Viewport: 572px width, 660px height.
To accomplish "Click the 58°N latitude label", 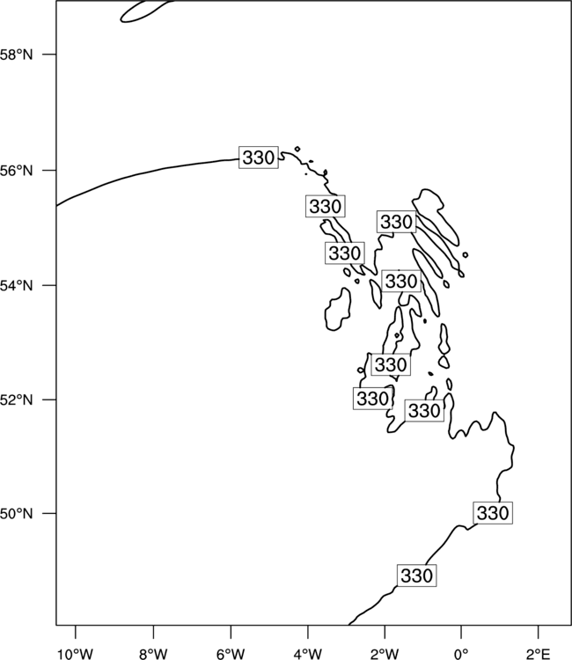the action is pyautogui.click(x=16, y=55).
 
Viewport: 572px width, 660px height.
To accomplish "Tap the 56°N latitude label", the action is pyautogui.click(x=16, y=171).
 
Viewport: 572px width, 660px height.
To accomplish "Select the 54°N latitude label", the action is pyautogui.click(x=16, y=286).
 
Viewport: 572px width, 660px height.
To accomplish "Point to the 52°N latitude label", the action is pyautogui.click(x=16, y=400).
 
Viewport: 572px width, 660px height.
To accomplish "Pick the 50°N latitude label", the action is pyautogui.click(x=16, y=514).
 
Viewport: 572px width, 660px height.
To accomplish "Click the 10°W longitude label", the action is pyautogui.click(x=77, y=654).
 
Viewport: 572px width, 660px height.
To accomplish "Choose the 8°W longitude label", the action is pyautogui.click(x=153, y=654).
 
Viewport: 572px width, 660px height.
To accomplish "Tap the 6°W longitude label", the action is pyautogui.click(x=231, y=654).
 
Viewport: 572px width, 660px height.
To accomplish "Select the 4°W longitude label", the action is pyautogui.click(x=308, y=654).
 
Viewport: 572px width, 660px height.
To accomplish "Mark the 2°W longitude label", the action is pyautogui.click(x=385, y=654).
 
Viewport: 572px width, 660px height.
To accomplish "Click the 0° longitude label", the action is pyautogui.click(x=461, y=654).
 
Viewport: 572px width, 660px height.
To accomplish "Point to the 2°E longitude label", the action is pyautogui.click(x=539, y=654).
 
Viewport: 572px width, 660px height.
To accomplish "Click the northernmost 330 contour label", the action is pyautogui.click(x=259, y=158).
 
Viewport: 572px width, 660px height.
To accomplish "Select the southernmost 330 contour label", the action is pyautogui.click(x=417, y=576).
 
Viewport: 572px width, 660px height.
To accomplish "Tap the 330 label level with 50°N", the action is pyautogui.click(x=493, y=513).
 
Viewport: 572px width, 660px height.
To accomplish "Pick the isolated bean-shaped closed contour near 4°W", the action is pyautogui.click(x=338, y=310).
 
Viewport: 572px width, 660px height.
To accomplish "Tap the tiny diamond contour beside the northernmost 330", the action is pyautogui.click(x=297, y=149).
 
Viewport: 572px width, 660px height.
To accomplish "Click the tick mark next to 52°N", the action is pyautogui.click(x=49, y=400).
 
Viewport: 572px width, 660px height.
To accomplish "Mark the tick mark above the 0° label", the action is pyautogui.click(x=461, y=631).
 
